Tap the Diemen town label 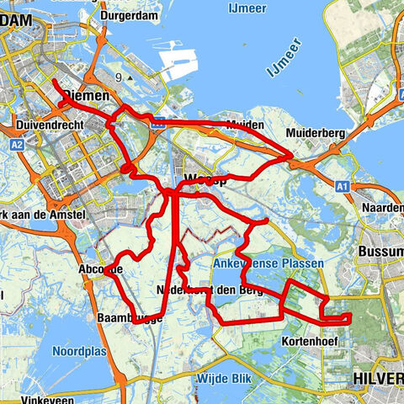[x=88, y=97]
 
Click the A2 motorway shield [x=18, y=145]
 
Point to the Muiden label [x=246, y=125]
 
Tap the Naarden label [x=382, y=207]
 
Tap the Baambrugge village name [x=130, y=318]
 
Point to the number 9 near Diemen [x=119, y=77]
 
